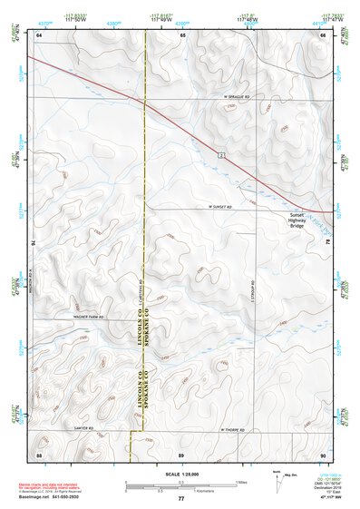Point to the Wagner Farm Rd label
(x=89, y=317)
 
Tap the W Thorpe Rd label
(x=234, y=429)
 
